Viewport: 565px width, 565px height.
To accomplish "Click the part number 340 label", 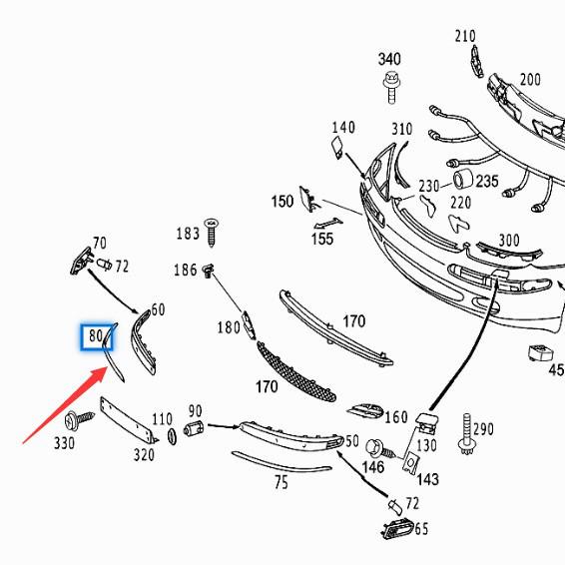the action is click(389, 59).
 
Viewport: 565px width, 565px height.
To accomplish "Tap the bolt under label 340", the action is click(392, 88).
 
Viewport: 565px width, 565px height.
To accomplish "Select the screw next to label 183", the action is click(212, 233).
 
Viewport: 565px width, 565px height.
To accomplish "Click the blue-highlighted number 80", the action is click(96, 335).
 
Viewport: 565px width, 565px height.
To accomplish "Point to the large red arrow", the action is click(66, 404).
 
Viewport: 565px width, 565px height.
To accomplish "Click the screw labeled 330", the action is click(79, 420).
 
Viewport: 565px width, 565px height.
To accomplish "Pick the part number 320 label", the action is click(144, 455).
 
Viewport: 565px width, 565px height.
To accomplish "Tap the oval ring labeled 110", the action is click(172, 437).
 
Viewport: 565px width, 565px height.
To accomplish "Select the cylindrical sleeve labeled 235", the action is click(463, 179).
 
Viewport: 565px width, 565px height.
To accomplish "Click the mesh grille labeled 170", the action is click(295, 372).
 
